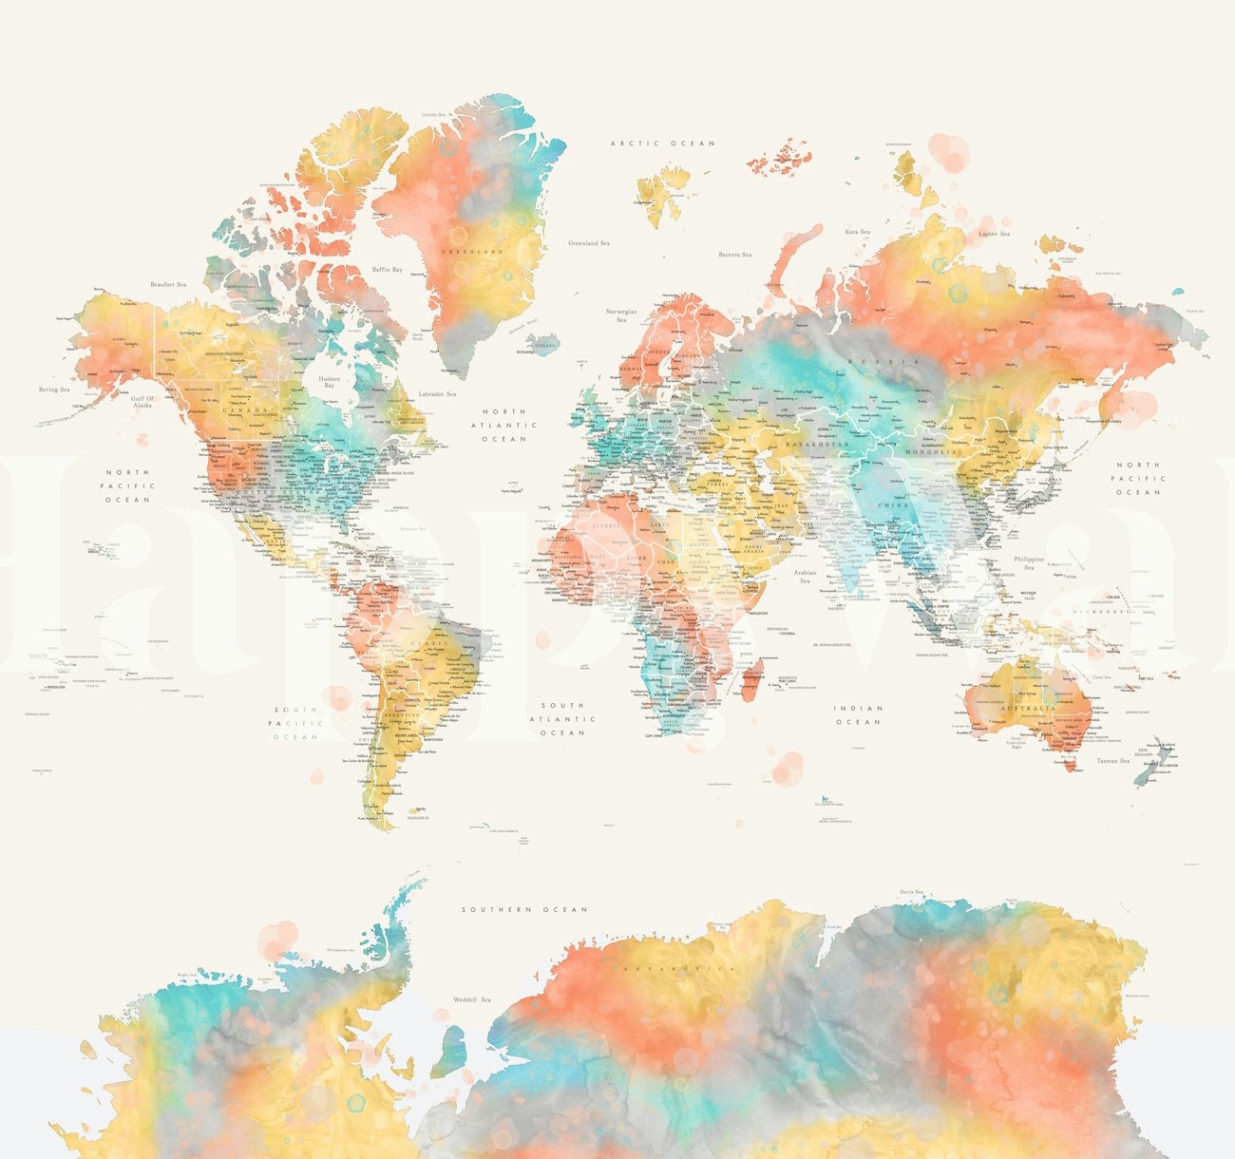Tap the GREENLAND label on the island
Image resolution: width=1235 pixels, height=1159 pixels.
click(x=471, y=252)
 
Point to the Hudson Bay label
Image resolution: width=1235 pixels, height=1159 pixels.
click(x=330, y=381)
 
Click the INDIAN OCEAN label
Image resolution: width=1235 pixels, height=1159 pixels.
click(x=859, y=714)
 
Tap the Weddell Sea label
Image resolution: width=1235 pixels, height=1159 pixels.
click(x=471, y=999)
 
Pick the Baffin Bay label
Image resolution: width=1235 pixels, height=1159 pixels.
click(x=387, y=270)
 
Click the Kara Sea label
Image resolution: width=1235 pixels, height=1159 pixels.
click(x=857, y=231)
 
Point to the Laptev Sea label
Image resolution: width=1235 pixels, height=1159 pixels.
click(x=994, y=234)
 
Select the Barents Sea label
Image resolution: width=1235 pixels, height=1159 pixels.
click(x=734, y=255)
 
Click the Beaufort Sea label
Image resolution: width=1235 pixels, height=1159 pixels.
click(x=168, y=284)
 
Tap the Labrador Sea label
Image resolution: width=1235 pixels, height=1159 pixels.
click(x=438, y=393)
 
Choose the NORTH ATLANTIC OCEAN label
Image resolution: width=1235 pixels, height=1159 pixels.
click(x=503, y=426)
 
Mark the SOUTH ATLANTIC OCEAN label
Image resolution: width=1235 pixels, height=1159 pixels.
click(x=563, y=719)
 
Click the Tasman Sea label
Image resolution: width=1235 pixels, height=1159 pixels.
click(x=1112, y=760)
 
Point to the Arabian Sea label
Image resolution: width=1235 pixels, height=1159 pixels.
click(x=805, y=577)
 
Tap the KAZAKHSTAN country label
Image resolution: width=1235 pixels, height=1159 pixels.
click(x=816, y=445)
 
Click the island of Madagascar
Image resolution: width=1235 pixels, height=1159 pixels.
click(x=750, y=683)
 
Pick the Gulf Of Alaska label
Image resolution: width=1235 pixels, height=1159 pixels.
click(x=142, y=402)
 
